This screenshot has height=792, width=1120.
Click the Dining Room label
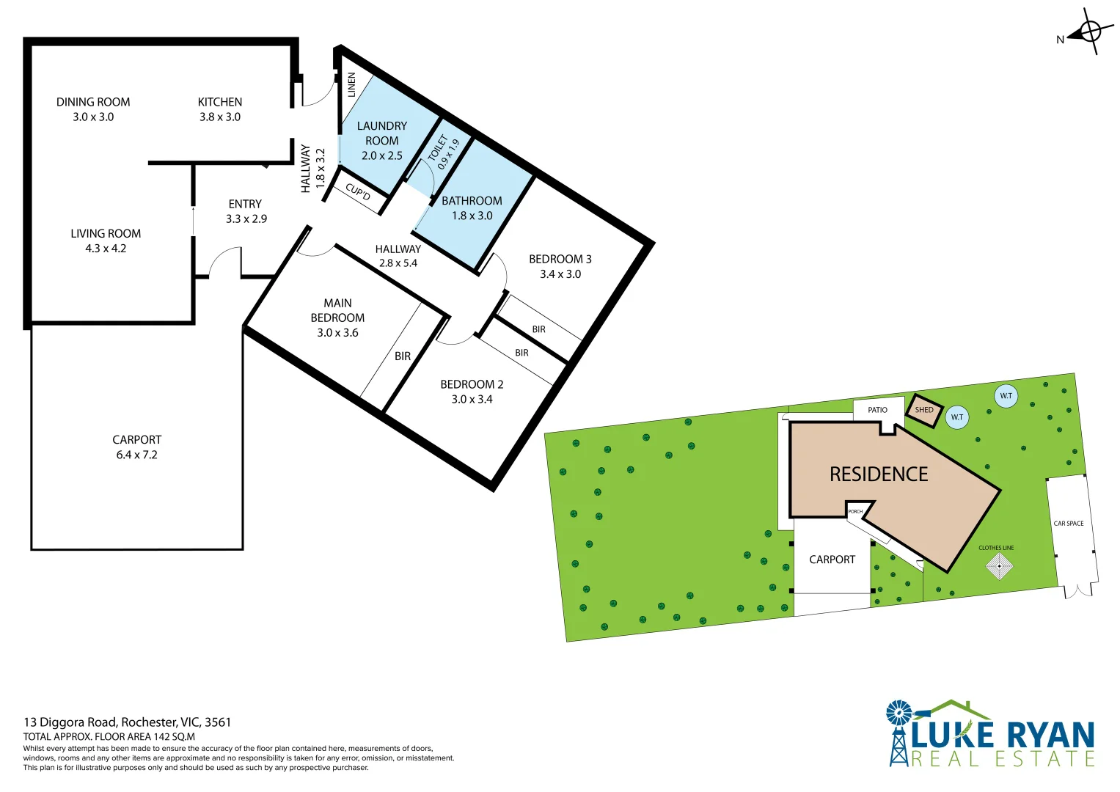[93, 102]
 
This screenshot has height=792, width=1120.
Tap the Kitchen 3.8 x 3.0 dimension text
[220, 117]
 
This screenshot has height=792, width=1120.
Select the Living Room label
[106, 233]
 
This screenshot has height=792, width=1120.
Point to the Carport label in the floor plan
[136, 440]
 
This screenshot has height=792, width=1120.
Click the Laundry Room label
[382, 133]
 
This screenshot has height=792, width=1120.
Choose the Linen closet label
[351, 85]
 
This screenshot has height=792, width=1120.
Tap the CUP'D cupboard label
[358, 192]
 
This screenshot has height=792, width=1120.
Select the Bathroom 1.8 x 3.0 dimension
[472, 216]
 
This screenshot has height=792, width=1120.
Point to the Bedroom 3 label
[560, 259]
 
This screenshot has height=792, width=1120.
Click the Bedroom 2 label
[472, 384]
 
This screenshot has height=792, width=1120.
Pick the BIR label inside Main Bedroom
[403, 356]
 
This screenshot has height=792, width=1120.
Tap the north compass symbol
[1090, 32]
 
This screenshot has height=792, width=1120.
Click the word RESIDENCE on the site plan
[879, 474]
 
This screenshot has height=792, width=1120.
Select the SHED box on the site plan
[924, 409]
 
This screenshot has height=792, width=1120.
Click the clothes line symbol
[999, 566]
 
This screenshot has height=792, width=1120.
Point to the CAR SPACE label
[1068, 524]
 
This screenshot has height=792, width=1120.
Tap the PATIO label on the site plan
[877, 410]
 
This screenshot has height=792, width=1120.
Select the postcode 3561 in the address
[218, 722]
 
